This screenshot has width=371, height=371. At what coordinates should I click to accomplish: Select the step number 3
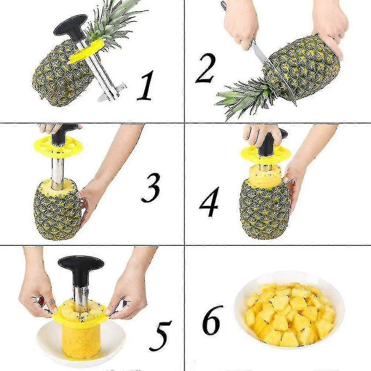coord(151,188)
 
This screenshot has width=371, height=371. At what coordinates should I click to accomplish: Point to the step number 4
coord(209,202)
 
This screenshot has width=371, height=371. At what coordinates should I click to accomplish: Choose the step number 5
coord(160,336)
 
